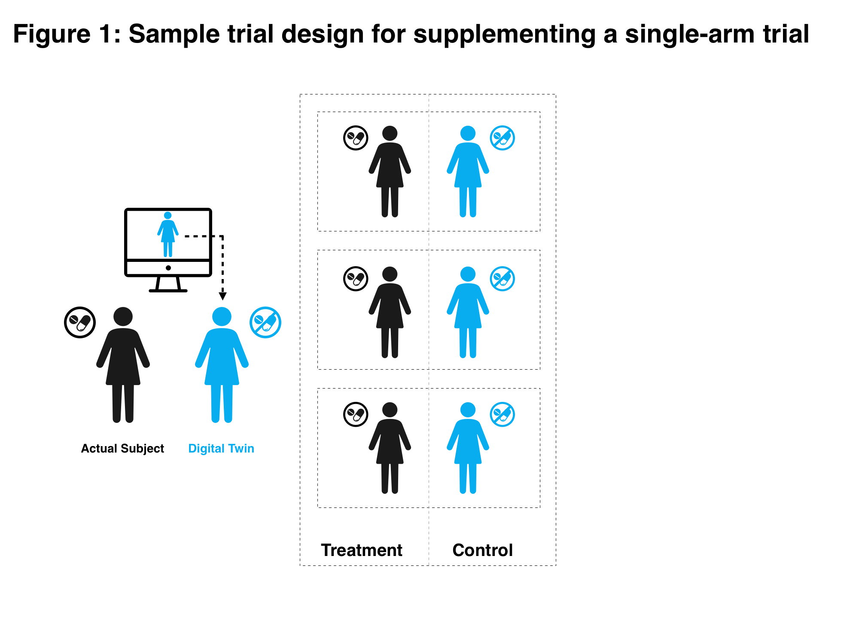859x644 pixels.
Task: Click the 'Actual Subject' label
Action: click(x=122, y=449)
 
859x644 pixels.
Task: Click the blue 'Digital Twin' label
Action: click(x=221, y=449)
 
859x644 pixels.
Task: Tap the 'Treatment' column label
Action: click(x=362, y=550)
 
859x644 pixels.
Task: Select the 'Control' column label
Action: click(x=482, y=550)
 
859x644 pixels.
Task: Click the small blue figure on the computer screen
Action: click(x=168, y=234)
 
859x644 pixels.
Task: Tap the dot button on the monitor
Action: click(x=168, y=268)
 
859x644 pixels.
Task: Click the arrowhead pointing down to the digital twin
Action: click(x=222, y=296)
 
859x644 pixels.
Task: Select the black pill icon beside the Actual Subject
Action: click(x=80, y=322)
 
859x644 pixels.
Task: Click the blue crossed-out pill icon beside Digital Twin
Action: click(x=265, y=322)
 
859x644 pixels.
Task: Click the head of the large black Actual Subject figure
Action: click(x=123, y=316)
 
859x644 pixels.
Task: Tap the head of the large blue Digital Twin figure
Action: click(x=222, y=316)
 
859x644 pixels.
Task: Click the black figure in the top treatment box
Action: click(x=390, y=172)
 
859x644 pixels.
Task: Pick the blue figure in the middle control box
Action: click(x=468, y=312)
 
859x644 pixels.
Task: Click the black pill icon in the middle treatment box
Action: click(x=356, y=279)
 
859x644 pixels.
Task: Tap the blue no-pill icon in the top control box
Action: click(x=503, y=138)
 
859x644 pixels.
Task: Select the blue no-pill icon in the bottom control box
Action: click(x=503, y=414)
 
